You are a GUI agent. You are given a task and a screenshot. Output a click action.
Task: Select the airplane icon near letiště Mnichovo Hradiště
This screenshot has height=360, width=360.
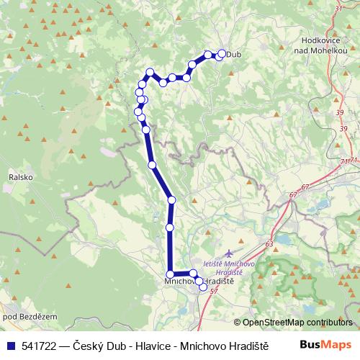230,253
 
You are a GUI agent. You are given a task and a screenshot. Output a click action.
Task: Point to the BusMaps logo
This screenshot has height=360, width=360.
325,345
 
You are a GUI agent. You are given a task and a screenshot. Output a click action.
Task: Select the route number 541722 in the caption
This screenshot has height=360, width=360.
35,345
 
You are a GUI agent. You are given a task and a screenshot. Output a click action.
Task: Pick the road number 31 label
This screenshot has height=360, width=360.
339,8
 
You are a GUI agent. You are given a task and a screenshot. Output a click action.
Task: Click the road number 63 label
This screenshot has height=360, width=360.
269,245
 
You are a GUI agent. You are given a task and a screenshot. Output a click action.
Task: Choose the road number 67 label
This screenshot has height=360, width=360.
305,187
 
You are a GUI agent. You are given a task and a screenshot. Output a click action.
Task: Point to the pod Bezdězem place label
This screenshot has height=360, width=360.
20,317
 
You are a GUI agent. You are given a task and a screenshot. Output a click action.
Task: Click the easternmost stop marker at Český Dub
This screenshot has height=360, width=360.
221,53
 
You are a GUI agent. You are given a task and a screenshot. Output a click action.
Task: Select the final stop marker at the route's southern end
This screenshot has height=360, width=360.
203,287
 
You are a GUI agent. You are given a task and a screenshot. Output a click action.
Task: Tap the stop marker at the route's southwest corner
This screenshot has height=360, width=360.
170,274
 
